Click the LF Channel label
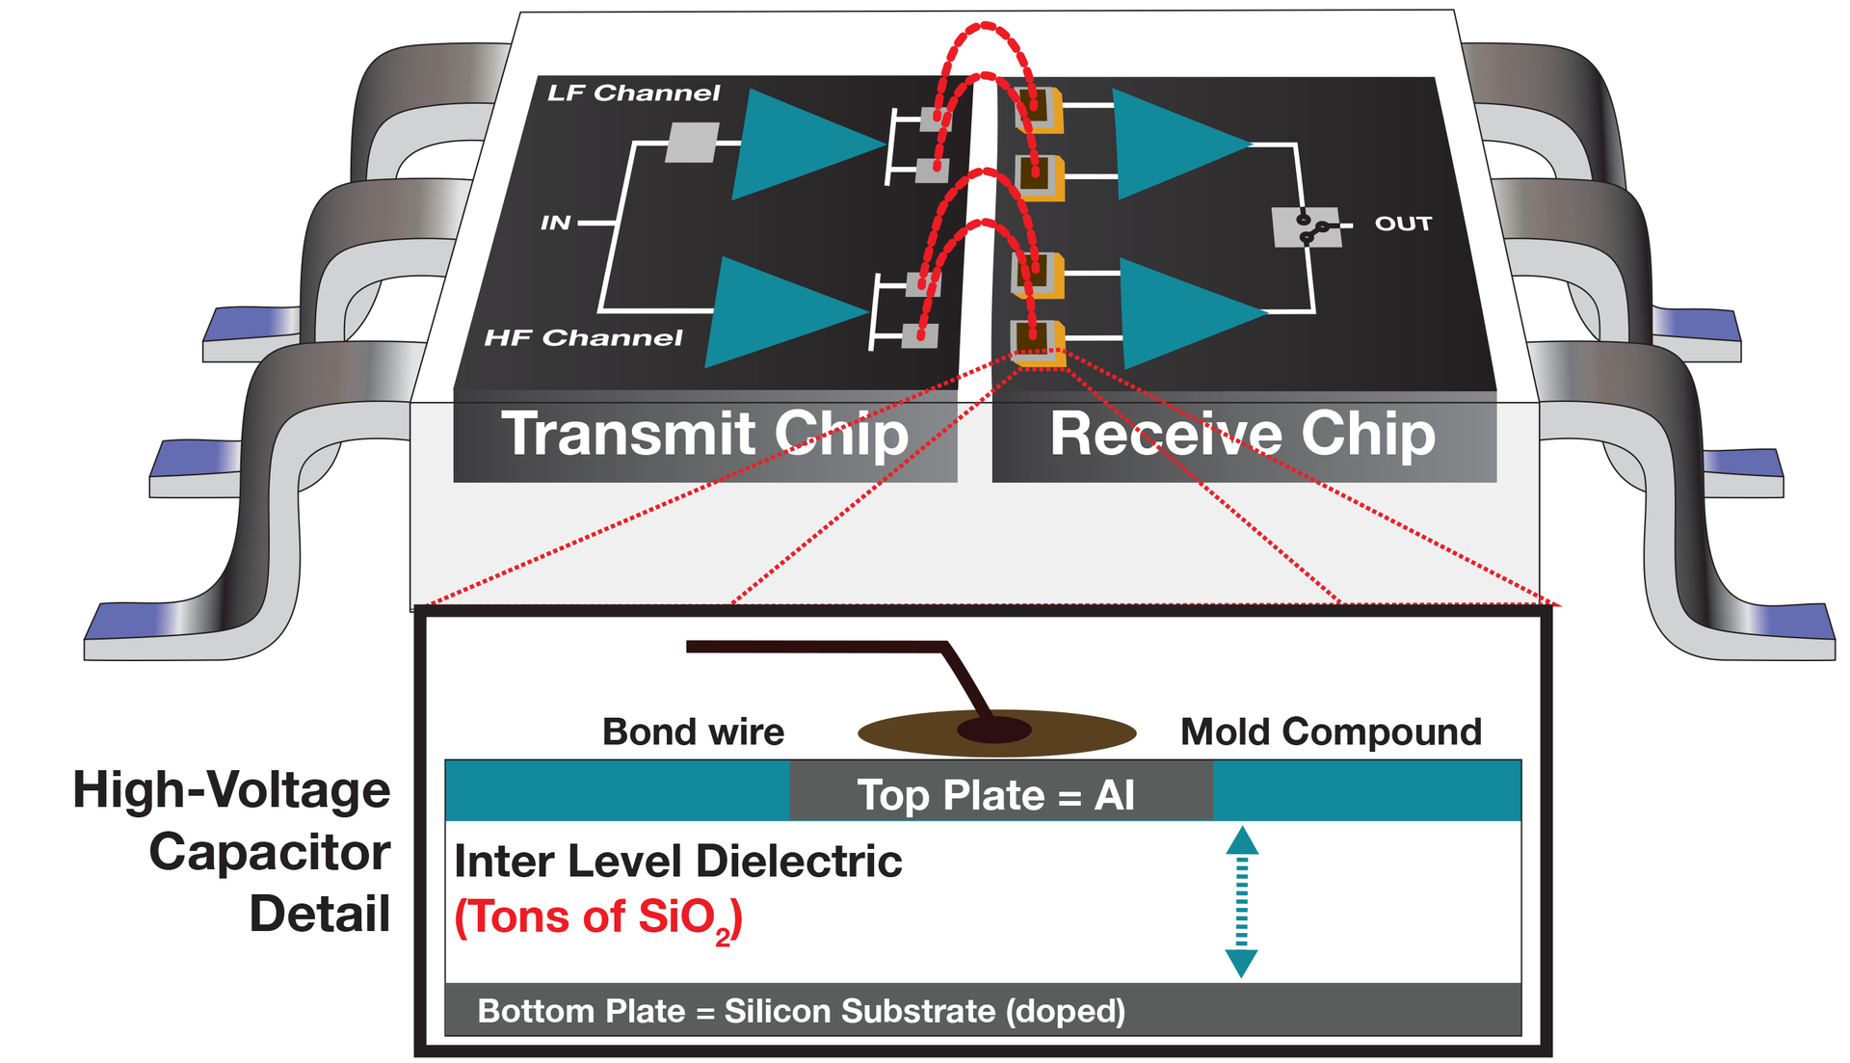pyautogui.click(x=633, y=93)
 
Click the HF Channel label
pyautogui.click(x=583, y=338)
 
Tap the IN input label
pyautogui.click(x=556, y=224)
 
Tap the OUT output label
pyautogui.click(x=1403, y=224)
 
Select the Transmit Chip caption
pyautogui.click(x=704, y=434)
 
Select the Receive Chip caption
pyautogui.click(x=1242, y=434)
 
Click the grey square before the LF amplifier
pyautogui.click(x=693, y=143)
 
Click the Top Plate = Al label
pyautogui.click(x=996, y=795)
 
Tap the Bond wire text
pyautogui.click(x=693, y=732)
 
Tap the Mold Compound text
pyautogui.click(x=1331, y=732)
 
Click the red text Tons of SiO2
pyautogui.click(x=598, y=917)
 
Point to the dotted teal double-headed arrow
pyautogui.click(x=1242, y=901)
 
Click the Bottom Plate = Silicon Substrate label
pyautogui.click(x=801, y=1011)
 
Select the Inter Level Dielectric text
pyautogui.click(x=677, y=862)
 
